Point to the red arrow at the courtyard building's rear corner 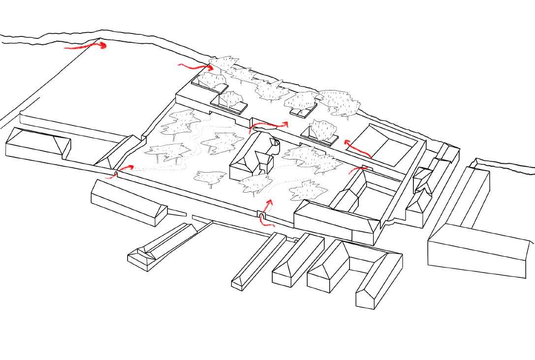pyautogui.click(x=359, y=170)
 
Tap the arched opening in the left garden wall pyautogui.click(x=116, y=174)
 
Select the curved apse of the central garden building pyautogui.click(x=274, y=145)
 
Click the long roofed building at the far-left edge pyautogui.click(x=37, y=144)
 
